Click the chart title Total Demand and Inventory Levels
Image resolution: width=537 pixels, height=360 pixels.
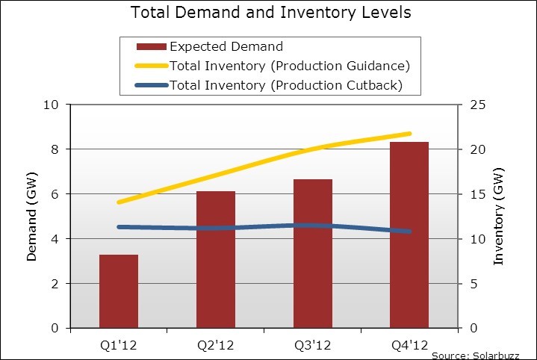coord(270,13)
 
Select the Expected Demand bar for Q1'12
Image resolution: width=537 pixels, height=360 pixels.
coord(119,291)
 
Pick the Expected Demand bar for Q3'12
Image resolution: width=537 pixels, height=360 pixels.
coord(313,254)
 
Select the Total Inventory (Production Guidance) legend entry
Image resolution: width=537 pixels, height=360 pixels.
coord(291,66)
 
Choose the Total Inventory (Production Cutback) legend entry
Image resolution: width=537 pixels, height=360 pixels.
coord(286,85)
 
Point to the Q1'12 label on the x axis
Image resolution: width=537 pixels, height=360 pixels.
coord(119,345)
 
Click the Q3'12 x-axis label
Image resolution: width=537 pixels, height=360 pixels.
coord(313,345)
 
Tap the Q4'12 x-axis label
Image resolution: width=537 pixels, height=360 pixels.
coord(409,345)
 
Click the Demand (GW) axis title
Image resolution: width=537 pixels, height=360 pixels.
coord(32,217)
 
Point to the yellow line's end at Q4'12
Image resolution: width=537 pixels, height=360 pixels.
coord(409,134)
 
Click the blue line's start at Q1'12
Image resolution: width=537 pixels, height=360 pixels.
coord(119,227)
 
